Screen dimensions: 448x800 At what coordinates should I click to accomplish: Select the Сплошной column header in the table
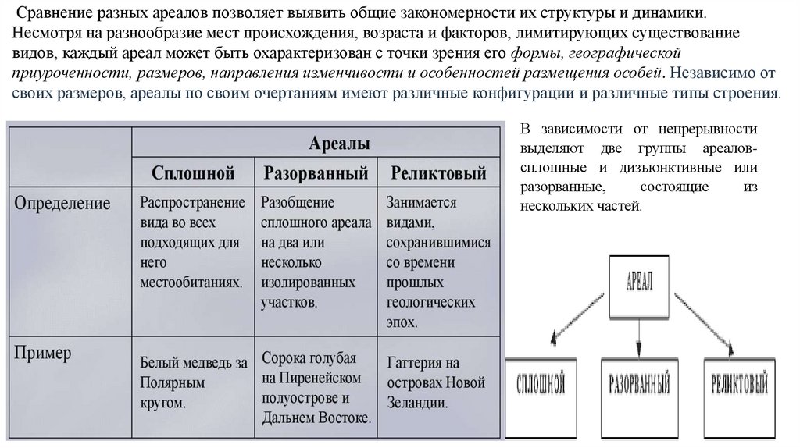point(193,172)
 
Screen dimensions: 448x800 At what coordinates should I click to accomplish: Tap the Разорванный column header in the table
point(316,172)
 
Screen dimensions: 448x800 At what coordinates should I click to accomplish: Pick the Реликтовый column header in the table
point(437,172)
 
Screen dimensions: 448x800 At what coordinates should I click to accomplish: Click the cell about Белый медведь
point(194,382)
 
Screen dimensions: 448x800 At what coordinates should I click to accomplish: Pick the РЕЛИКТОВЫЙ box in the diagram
point(740,385)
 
